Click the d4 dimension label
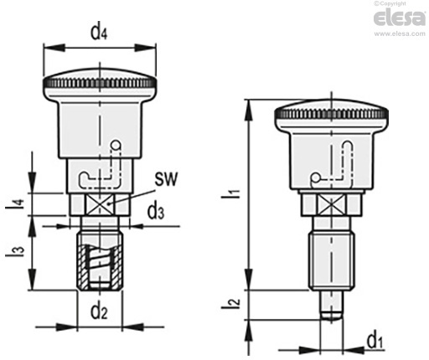pyautogui.click(x=99, y=33)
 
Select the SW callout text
pyautogui.click(x=166, y=179)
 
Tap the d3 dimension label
pyautogui.click(x=156, y=211)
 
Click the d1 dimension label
pyautogui.click(x=375, y=341)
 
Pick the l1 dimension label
pyautogui.click(x=230, y=193)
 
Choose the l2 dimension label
pyautogui.click(x=230, y=303)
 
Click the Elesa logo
pyautogui.click(x=400, y=18)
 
